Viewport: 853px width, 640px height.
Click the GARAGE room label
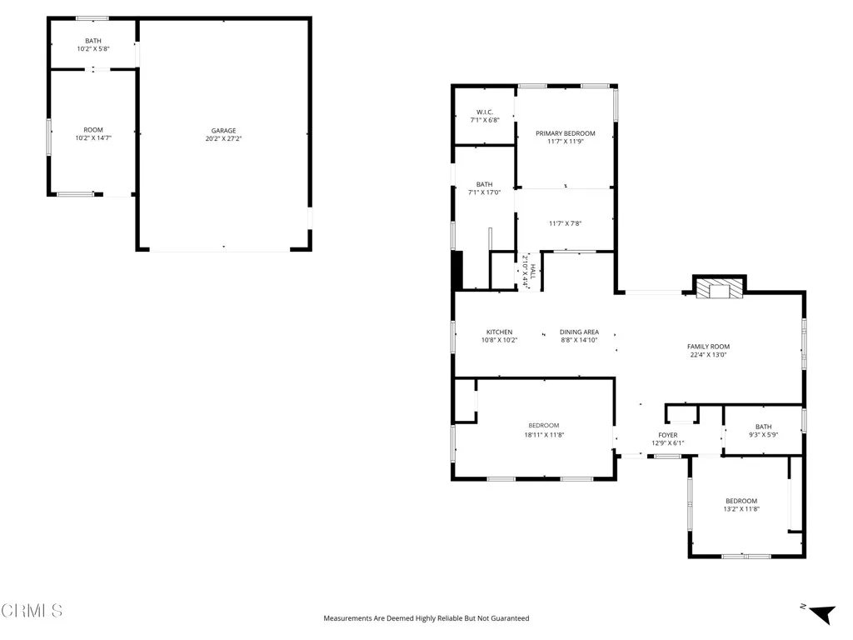(x=223, y=130)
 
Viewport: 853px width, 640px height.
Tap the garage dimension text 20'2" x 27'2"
(x=223, y=138)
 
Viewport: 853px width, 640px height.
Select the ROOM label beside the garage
(x=92, y=130)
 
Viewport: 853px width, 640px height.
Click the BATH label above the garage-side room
(x=92, y=41)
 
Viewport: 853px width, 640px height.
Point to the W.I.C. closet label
(x=485, y=112)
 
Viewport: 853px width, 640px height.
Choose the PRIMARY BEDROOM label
(x=566, y=133)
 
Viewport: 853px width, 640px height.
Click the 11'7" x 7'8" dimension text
(x=565, y=223)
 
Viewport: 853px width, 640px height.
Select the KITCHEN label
(x=499, y=332)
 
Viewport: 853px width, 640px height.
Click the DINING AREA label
(x=579, y=332)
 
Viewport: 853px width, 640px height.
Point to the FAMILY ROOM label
(x=708, y=347)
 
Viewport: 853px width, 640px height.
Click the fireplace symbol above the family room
(x=719, y=289)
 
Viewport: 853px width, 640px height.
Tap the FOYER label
(x=667, y=435)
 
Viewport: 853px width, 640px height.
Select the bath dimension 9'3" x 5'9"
(x=763, y=435)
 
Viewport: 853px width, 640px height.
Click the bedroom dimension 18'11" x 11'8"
(x=544, y=434)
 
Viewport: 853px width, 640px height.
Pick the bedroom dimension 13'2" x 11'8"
(x=741, y=508)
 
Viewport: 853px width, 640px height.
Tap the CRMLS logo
(x=32, y=611)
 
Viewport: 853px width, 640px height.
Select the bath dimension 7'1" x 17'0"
(x=484, y=192)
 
